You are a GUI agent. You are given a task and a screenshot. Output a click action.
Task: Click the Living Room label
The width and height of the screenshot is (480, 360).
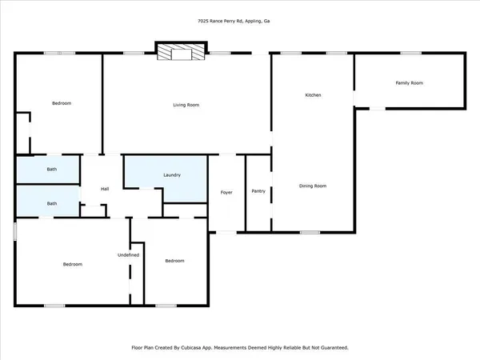186,105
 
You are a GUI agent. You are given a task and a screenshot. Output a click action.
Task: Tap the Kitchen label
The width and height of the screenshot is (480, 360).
313,95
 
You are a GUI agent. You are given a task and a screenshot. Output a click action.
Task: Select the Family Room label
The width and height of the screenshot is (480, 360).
409,83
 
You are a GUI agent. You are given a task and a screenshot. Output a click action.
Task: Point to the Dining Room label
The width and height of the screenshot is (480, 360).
313,186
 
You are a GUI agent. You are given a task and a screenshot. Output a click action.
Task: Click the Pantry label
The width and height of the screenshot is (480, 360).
258,191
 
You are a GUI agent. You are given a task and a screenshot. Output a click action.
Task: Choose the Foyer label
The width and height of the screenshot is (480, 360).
226,192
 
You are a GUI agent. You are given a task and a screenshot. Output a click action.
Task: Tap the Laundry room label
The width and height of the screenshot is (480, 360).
172,175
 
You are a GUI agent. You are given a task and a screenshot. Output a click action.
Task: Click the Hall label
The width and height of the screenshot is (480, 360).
105,189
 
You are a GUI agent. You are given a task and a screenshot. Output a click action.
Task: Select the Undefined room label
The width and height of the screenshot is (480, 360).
129,254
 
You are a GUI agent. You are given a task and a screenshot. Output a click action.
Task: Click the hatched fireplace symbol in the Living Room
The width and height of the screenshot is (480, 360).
174,53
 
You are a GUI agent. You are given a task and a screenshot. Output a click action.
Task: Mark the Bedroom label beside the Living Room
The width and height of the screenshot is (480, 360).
62,103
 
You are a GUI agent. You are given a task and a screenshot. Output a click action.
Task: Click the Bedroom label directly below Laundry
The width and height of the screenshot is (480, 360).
174,261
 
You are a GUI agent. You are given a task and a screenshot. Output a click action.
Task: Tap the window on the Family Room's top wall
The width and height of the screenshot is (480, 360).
411,54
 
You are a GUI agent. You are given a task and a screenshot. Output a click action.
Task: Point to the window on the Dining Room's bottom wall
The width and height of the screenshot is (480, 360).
310,232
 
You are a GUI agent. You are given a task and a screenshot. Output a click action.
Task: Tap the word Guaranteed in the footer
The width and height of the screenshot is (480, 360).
332,348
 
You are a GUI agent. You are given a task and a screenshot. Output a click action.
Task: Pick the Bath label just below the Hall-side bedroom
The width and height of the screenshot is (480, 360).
52,169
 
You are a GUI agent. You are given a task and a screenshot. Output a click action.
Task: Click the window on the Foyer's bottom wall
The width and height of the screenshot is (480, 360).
226,232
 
